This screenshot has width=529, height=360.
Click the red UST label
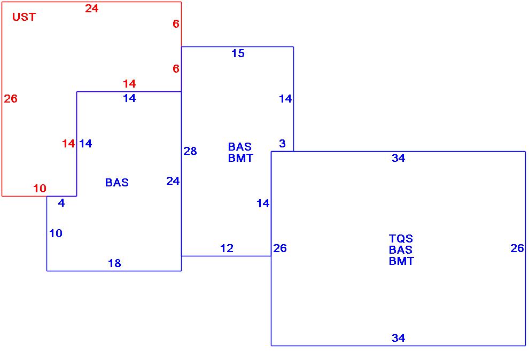tap(24, 17)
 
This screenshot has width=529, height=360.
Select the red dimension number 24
tap(92, 9)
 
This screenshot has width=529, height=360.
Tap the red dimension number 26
tap(11, 99)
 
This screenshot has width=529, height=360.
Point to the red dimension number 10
tap(40, 189)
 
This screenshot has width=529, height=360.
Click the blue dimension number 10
tap(56, 233)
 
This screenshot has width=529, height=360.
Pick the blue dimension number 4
tap(61, 203)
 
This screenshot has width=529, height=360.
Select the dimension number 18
tap(114, 263)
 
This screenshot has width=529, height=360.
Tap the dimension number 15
tap(238, 53)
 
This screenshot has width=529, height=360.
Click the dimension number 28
tap(190, 151)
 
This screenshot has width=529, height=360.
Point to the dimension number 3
tap(282, 144)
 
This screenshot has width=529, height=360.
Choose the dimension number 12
tap(227, 248)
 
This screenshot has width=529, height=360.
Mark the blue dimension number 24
tap(173, 181)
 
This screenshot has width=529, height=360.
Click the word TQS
tap(401, 239)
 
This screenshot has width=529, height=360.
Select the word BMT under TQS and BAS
tap(401, 261)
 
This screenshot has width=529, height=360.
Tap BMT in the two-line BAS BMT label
tap(240, 158)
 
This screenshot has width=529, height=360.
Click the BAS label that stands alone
tap(116, 183)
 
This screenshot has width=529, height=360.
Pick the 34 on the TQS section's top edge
tap(398, 158)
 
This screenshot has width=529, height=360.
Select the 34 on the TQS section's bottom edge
tap(398, 338)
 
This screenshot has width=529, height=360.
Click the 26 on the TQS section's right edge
tap(517, 248)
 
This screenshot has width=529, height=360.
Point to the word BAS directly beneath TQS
tap(401, 250)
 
